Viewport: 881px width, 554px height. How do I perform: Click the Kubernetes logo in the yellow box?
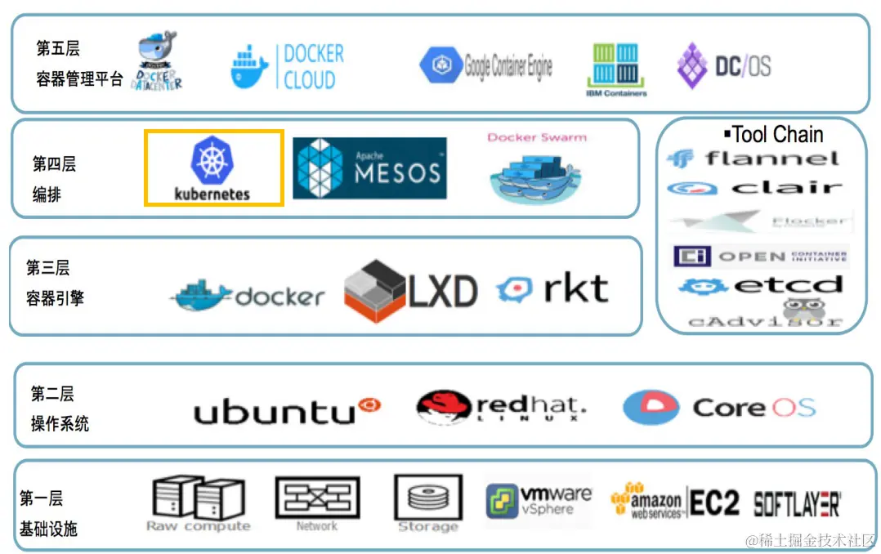tap(212, 168)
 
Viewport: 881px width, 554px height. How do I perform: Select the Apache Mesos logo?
tap(369, 168)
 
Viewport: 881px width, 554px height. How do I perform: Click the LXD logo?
tap(410, 291)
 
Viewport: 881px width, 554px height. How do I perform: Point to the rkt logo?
tap(552, 289)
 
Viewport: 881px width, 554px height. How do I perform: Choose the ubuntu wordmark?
tap(287, 409)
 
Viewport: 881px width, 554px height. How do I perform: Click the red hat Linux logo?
tap(500, 406)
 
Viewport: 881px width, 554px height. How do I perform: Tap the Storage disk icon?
tap(427, 498)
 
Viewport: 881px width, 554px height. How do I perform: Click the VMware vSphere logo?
tap(539, 500)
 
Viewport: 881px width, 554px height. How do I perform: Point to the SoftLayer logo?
tap(797, 503)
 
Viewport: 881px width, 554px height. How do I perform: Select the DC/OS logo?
tap(723, 66)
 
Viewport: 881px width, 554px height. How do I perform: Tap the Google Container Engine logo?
tap(486, 66)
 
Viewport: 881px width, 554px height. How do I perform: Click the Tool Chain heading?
tap(774, 134)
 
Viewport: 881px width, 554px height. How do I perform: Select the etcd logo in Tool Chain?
tap(760, 286)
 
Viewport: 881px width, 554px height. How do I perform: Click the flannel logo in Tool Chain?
tap(753, 159)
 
